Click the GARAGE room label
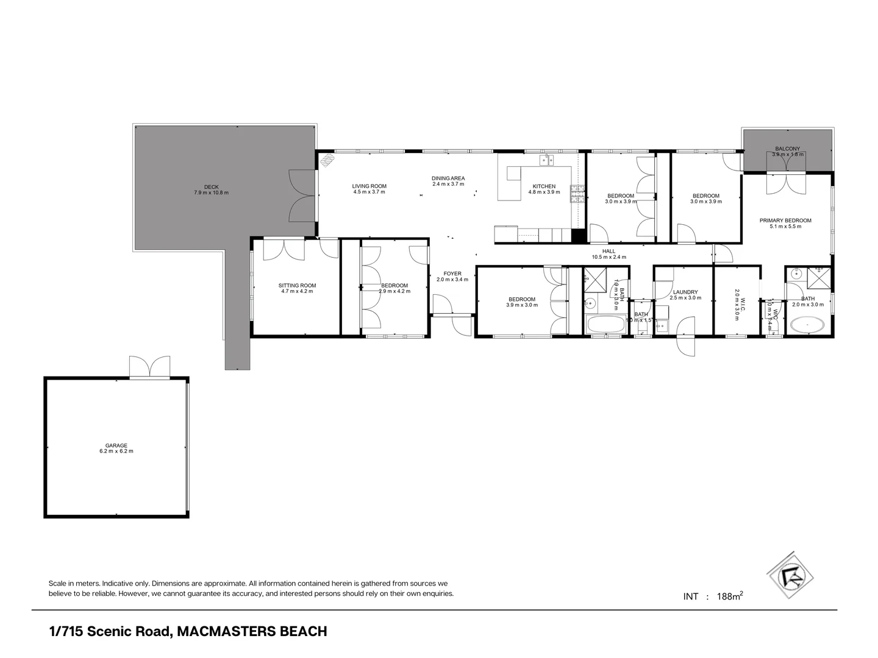[116, 445]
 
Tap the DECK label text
[211, 187]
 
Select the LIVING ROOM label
[369, 186]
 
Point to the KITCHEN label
[544, 186]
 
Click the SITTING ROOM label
[297, 285]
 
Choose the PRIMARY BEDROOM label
[785, 221]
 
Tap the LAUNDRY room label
[685, 292]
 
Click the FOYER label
[452, 274]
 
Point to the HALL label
[609, 251]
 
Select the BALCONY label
[788, 149]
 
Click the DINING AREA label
[448, 178]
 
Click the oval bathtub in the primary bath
[807, 325]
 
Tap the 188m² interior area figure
[729, 596]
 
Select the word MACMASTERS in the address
[226, 631]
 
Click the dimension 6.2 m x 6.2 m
[116, 451]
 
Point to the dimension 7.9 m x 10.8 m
[211, 193]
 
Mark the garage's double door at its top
[149, 367]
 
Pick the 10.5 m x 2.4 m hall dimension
[609, 257]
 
